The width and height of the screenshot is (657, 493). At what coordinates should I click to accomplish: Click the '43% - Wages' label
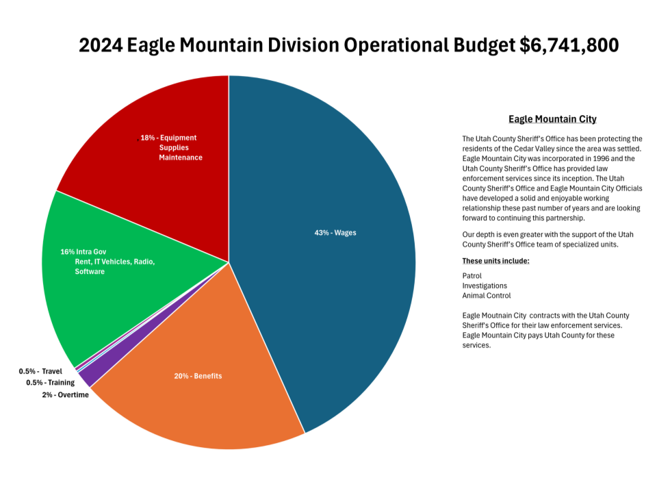click(335, 233)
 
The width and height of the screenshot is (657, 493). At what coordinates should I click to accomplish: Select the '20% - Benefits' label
click(198, 376)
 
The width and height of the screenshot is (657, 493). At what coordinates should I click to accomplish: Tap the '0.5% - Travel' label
click(40, 371)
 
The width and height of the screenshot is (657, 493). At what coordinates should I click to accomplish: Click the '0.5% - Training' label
click(50, 383)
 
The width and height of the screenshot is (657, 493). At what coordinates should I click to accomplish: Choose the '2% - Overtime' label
click(65, 395)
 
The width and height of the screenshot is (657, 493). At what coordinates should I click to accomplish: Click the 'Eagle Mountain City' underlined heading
click(552, 119)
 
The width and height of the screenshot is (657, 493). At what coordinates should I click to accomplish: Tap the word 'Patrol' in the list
click(472, 275)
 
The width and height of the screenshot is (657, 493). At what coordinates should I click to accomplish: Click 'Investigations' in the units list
click(485, 286)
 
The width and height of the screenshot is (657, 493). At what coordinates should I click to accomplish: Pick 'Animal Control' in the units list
click(487, 296)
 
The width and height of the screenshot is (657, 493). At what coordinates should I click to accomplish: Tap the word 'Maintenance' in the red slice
click(181, 157)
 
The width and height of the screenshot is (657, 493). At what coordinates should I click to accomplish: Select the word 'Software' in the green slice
click(90, 272)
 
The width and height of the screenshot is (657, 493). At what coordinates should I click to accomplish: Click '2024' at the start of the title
click(101, 45)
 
